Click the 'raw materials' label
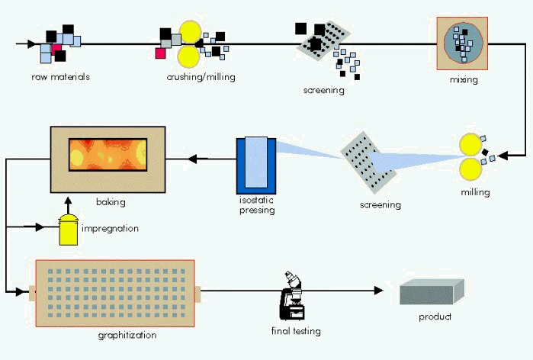click(61, 77)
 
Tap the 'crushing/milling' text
click(201, 77)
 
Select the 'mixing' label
click(464, 79)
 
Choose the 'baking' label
click(111, 203)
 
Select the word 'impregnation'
click(111, 228)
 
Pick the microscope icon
click(292, 297)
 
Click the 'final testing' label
click(296, 331)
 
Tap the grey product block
click(432, 292)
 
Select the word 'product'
click(435, 317)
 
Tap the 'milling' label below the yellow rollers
click(475, 192)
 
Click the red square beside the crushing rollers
click(161, 53)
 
